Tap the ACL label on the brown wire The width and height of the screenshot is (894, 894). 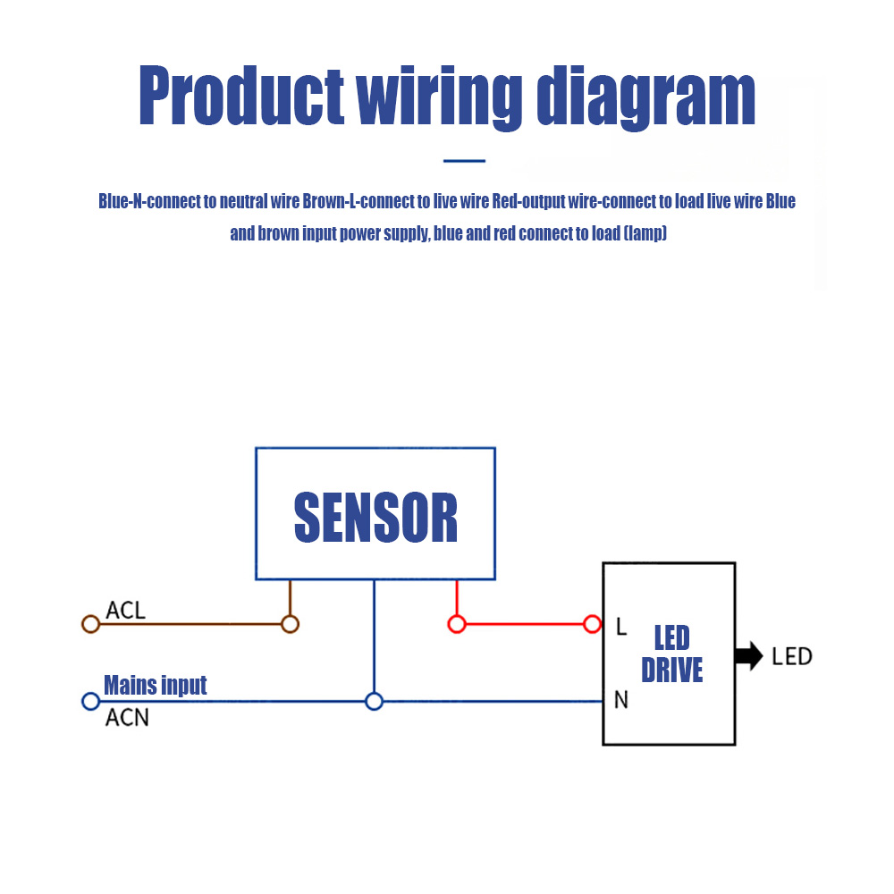click(125, 611)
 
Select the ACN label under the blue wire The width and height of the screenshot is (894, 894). click(127, 717)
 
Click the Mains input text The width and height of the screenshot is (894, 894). click(155, 686)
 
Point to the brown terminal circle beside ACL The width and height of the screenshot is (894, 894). click(90, 624)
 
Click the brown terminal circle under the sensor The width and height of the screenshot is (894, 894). click(290, 624)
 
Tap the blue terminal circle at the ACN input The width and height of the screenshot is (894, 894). click(90, 701)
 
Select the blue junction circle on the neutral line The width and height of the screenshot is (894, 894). click(375, 701)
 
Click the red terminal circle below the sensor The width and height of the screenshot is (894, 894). click(457, 624)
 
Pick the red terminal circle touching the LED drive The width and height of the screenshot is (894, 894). click(592, 624)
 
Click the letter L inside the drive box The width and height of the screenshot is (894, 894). click(621, 627)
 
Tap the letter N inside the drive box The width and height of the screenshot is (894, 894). click(621, 701)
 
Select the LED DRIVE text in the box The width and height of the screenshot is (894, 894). click(672, 654)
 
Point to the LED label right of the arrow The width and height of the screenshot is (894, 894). click(792, 656)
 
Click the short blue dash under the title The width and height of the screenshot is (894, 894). click(464, 161)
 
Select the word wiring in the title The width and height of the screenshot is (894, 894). click(439, 97)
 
